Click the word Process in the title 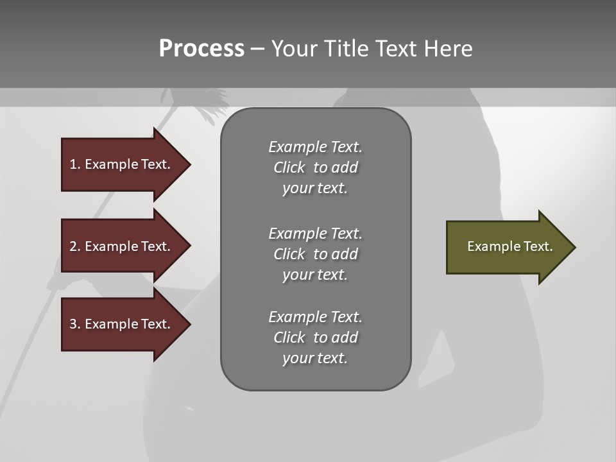[201, 49]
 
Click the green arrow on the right [507, 247]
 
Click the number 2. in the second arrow [74, 246]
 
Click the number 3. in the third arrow [74, 324]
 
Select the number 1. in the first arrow [74, 164]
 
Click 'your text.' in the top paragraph [315, 189]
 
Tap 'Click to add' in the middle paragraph [315, 254]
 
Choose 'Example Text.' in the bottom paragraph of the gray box [315, 317]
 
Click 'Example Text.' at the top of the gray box [315, 147]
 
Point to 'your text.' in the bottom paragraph [315, 358]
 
